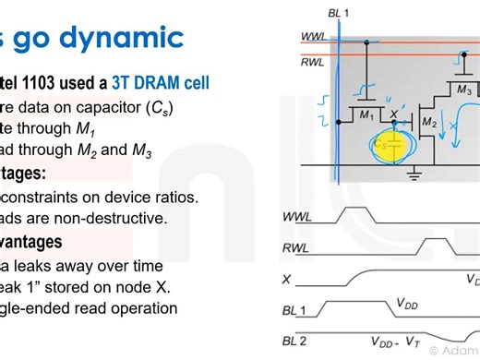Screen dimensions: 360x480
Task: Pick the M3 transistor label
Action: tap(463, 92)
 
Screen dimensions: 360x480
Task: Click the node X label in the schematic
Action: tap(395, 114)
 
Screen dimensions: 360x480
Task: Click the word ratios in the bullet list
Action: tap(174, 197)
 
